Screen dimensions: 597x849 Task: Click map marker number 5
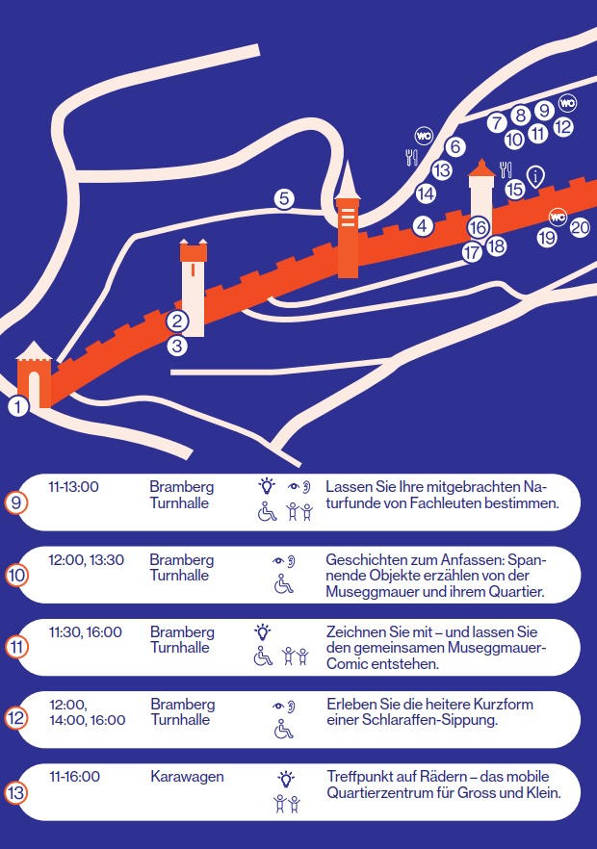point(284,198)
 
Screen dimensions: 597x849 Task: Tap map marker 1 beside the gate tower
point(18,406)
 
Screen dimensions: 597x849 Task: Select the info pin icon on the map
point(535,176)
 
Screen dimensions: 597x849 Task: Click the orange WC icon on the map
point(558,218)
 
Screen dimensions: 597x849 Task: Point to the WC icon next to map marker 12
point(567,103)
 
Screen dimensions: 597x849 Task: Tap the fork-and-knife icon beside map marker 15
point(506,169)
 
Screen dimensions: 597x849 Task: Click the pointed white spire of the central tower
point(348,180)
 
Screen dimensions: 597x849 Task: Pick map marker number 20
point(580,227)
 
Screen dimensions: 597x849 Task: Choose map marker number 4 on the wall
point(423,226)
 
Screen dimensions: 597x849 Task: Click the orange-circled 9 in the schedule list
point(15,502)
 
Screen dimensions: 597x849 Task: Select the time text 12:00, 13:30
point(86,559)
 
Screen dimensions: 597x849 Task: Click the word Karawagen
point(187,777)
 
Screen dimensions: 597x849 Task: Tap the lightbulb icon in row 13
point(286,779)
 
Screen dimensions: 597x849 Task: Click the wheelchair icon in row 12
point(283,729)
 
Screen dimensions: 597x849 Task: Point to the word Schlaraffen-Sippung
point(429,720)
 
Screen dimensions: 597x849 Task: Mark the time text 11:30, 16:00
point(86,631)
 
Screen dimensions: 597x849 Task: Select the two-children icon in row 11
point(296,656)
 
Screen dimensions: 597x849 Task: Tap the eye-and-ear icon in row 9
point(299,487)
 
